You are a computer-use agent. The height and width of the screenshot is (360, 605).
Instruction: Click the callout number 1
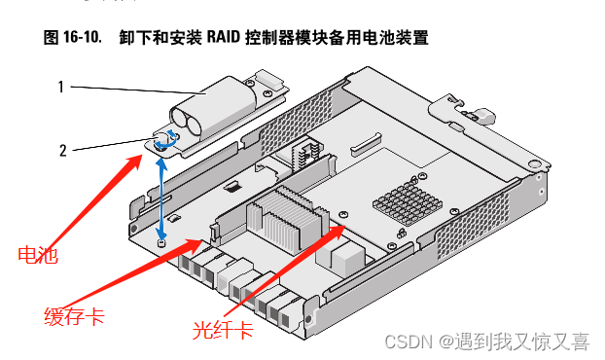coord(61,87)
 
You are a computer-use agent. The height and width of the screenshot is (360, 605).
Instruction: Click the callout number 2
coord(63,151)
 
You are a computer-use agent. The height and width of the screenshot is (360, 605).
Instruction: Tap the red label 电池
coord(38,255)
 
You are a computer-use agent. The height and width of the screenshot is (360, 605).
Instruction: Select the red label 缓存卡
coord(75,316)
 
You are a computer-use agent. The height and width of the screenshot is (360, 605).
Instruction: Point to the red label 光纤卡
coord(223,330)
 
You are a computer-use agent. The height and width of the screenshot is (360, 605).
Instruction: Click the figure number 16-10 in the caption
coord(83,37)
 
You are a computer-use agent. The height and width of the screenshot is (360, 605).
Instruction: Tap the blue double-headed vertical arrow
coord(162,198)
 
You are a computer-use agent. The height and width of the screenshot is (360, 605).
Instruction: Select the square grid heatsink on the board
coord(408,202)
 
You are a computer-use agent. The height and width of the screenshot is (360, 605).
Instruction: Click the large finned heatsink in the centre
coord(288,219)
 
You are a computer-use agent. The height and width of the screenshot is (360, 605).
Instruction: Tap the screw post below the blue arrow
coord(161,242)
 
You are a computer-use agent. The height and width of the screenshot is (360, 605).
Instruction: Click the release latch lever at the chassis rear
coord(480,116)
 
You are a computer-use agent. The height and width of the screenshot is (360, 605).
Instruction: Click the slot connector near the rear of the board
coord(366,144)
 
